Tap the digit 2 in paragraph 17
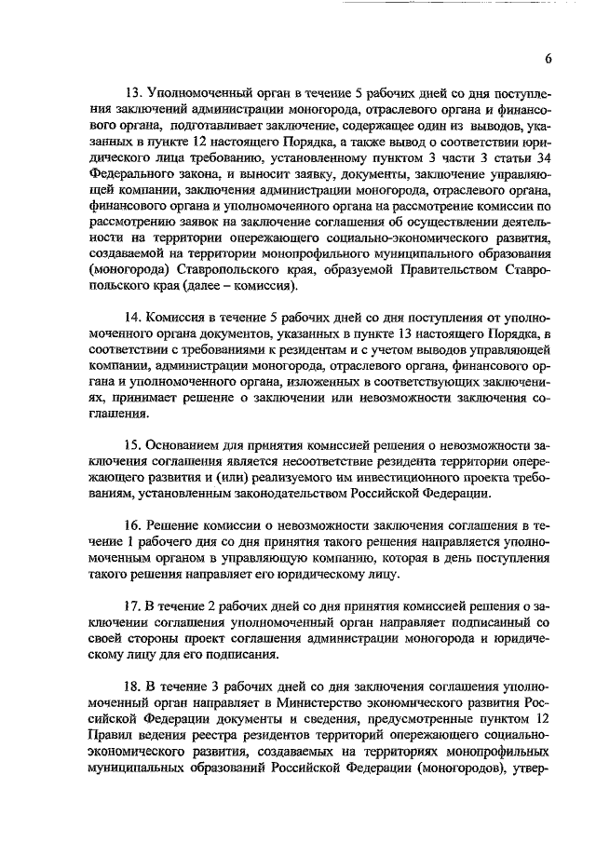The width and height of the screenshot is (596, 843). [212, 607]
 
